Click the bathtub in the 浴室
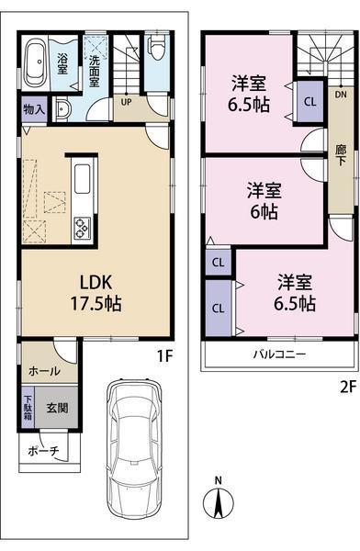click(37, 63)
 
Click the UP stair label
click(126, 102)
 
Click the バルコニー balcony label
click(280, 355)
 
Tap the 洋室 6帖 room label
click(263, 201)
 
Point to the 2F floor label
click(347, 387)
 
